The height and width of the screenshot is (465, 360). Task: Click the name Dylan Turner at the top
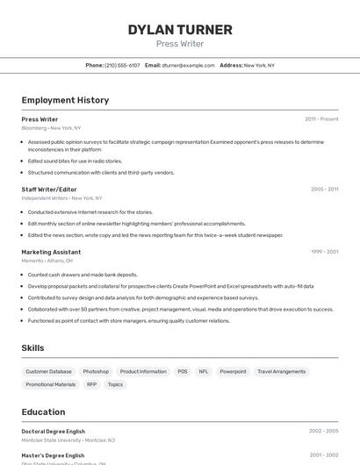(180, 30)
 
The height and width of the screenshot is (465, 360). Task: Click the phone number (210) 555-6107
(122, 65)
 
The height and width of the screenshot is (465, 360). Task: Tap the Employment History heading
(65, 100)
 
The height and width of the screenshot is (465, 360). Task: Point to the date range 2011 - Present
(321, 119)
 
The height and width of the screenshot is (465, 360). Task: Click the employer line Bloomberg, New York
(51, 128)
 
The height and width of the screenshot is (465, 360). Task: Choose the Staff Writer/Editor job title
(49, 190)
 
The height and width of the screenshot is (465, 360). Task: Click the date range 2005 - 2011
(324, 190)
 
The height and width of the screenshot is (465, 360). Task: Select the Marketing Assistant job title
(51, 252)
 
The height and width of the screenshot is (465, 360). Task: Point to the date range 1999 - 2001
(324, 252)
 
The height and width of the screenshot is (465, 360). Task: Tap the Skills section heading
(32, 348)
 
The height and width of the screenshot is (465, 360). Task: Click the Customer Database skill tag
(48, 372)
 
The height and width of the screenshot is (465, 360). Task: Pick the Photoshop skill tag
(96, 372)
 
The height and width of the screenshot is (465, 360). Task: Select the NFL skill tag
(204, 372)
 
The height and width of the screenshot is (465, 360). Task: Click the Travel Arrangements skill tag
(281, 372)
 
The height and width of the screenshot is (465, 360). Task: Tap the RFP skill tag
(91, 384)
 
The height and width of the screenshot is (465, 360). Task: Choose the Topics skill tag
(115, 384)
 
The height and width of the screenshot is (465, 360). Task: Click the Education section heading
(43, 411)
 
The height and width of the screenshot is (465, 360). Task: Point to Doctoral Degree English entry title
(53, 432)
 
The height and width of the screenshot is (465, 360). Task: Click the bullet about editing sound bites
(75, 161)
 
